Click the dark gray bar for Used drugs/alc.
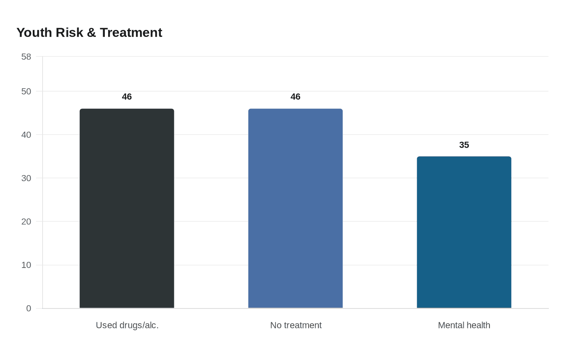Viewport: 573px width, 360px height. tap(127, 209)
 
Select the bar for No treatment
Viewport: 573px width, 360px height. tap(296, 209)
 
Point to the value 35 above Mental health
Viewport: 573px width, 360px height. tap(464, 145)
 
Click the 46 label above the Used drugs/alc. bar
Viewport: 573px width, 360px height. tap(127, 97)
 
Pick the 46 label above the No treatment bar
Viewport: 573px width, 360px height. tap(296, 97)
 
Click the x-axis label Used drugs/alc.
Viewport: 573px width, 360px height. tap(127, 325)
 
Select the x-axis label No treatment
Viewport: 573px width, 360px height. tap(296, 325)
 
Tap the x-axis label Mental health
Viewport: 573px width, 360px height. tap(464, 325)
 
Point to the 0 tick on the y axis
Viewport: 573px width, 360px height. tap(29, 308)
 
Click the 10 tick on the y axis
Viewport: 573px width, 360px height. tap(26, 265)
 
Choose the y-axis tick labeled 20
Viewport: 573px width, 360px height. tap(26, 221)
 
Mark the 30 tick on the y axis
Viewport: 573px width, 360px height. tap(26, 178)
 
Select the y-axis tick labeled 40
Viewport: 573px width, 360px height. tap(26, 135)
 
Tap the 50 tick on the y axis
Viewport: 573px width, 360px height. tap(26, 91)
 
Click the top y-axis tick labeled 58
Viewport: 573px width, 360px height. tap(26, 56)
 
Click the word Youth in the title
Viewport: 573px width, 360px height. tap(34, 32)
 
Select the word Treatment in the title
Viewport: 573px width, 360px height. tap(131, 32)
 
